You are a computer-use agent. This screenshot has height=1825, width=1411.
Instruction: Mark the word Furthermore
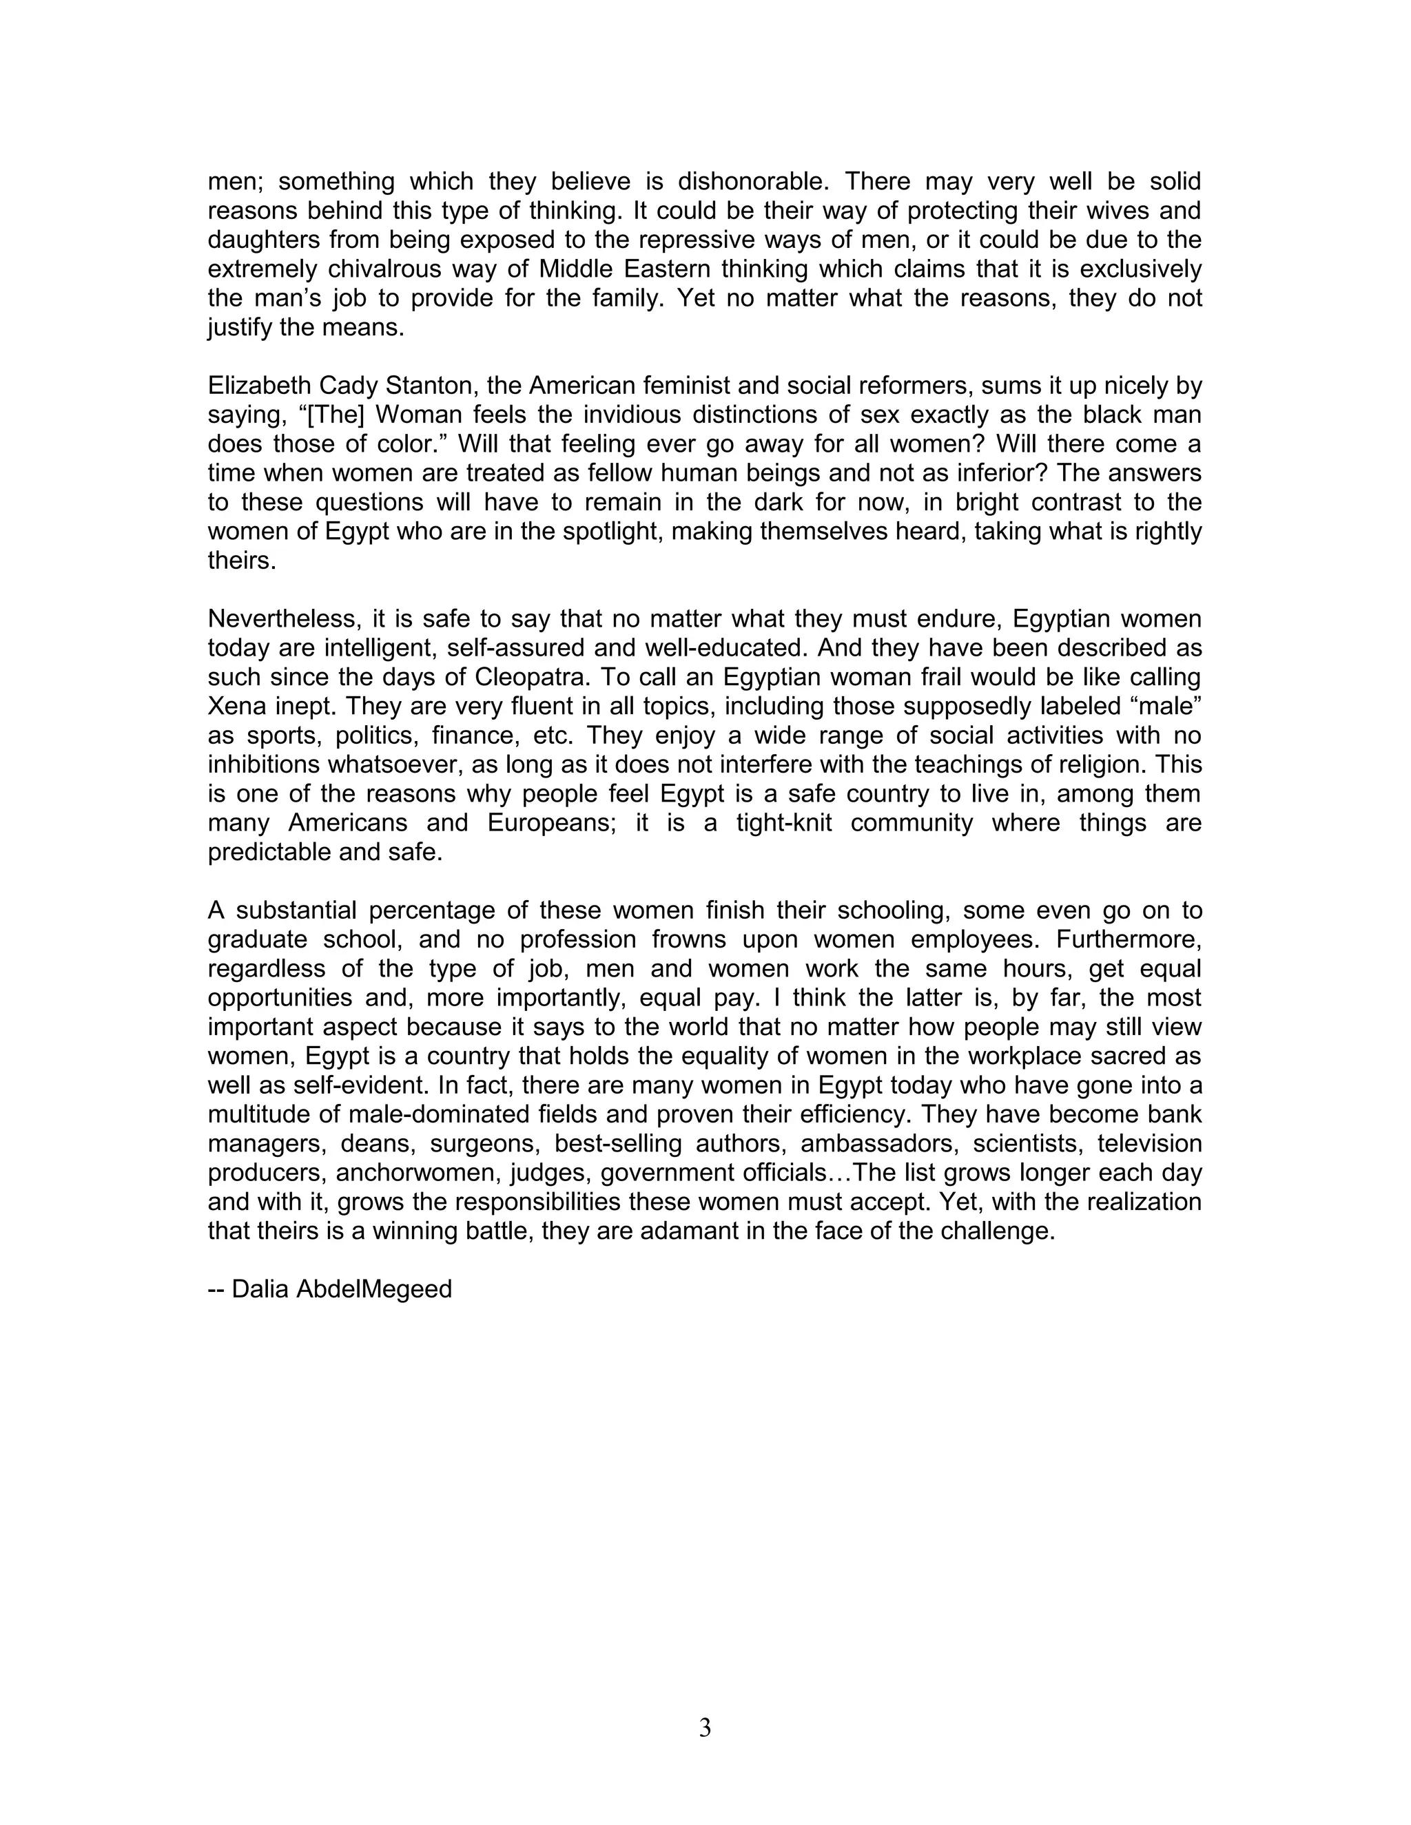tap(1129, 939)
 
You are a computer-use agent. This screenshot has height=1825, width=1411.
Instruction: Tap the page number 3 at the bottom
tap(705, 1727)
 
